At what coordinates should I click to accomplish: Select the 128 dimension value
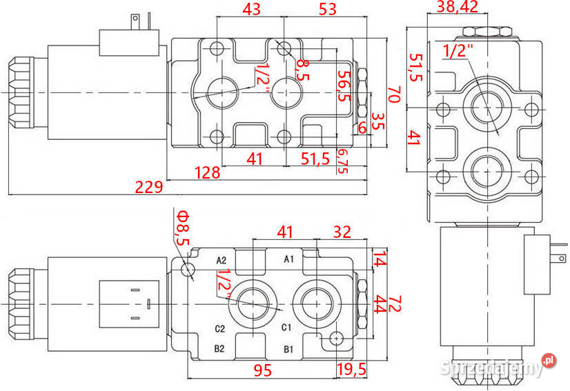[x=206, y=172]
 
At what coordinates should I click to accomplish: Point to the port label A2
[x=222, y=260]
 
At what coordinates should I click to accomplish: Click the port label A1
[x=290, y=259]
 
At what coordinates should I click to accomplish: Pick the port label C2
[x=220, y=328]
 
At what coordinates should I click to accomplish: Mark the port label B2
[x=219, y=348]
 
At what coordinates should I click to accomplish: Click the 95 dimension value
[x=261, y=370]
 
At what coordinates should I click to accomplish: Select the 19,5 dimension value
[x=352, y=370]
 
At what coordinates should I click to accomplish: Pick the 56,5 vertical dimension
[x=343, y=85]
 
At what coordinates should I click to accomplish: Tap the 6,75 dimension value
[x=342, y=160]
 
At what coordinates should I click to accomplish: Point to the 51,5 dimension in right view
[x=415, y=68]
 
